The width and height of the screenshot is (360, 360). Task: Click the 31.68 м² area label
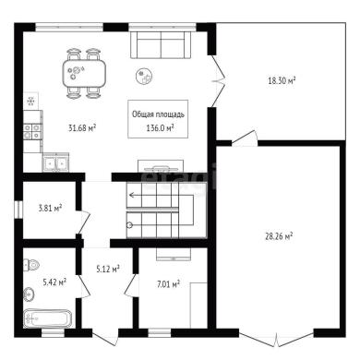(82, 127)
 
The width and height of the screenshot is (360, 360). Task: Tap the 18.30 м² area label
(282, 81)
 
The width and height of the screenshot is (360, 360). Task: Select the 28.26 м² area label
(279, 236)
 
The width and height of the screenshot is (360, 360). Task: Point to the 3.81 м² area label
(50, 209)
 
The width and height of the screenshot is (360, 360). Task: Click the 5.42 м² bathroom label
(54, 282)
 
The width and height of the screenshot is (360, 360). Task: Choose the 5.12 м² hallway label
(108, 270)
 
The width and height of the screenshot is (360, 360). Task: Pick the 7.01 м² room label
(168, 284)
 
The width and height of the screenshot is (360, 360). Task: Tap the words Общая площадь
(158, 114)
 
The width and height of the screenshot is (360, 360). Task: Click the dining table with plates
(85, 74)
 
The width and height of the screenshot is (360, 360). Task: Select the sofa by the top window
(161, 44)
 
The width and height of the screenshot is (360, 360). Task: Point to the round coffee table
(145, 76)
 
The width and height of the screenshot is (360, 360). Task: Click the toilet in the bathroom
(30, 265)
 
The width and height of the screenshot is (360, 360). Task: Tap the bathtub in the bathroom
(48, 318)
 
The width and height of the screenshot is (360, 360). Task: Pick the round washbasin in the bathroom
(30, 294)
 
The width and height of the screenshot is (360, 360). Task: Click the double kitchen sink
(55, 162)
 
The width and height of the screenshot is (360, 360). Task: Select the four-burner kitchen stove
(32, 131)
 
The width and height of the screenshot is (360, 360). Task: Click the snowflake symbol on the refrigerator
(30, 101)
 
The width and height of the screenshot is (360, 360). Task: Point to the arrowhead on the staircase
(131, 195)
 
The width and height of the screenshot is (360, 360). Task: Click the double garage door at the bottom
(277, 340)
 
